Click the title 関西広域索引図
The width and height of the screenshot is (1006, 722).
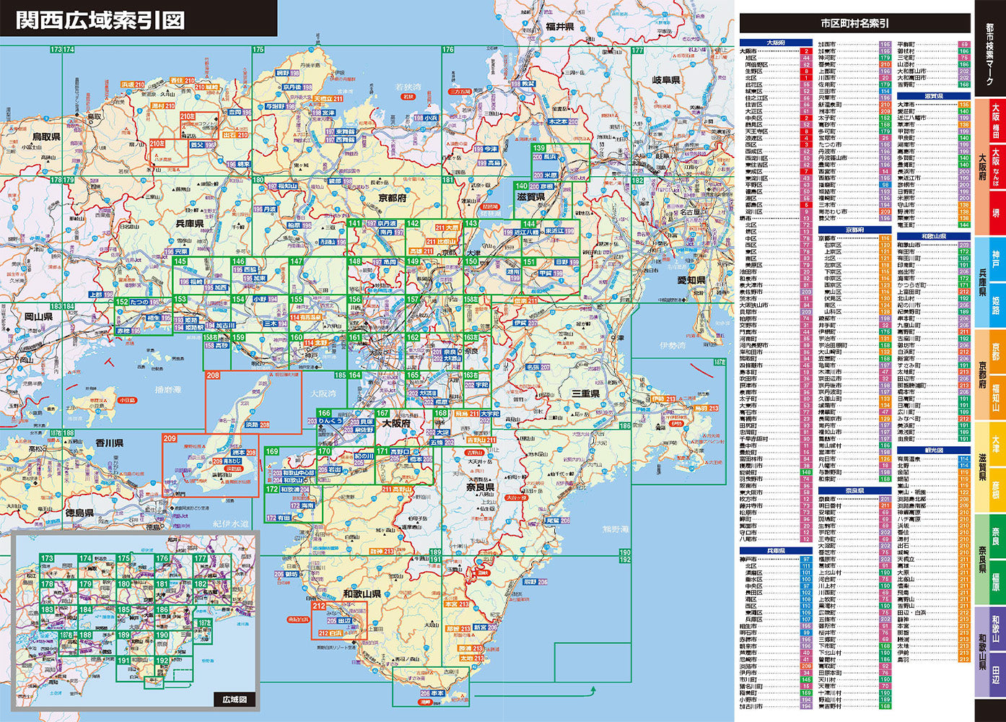[x=100, y=19]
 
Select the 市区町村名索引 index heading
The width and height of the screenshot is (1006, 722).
[x=854, y=23]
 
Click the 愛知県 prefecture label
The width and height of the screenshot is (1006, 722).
[x=670, y=280]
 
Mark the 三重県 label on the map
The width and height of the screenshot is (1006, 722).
[x=585, y=393]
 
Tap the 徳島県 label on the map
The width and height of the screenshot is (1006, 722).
[x=80, y=513]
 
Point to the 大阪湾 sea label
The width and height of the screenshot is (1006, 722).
[x=325, y=394]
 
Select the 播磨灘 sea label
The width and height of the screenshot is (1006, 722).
[x=170, y=389]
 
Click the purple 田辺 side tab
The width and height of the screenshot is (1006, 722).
[x=996, y=671]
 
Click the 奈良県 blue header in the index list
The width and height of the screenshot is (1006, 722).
[x=854, y=490]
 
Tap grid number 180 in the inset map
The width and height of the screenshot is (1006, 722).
[x=124, y=584]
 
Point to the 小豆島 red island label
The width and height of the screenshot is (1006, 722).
[x=127, y=399]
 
